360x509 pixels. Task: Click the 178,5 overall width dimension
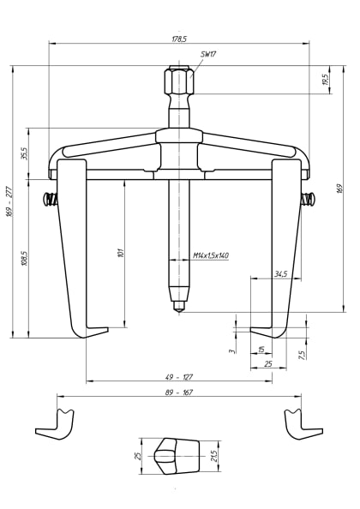click(179, 38)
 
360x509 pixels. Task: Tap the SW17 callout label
click(208, 54)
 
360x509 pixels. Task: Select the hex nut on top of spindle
click(178, 84)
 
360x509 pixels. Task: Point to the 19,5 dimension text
click(325, 80)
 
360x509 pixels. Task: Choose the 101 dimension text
click(123, 252)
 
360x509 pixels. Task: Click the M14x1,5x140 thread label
click(210, 255)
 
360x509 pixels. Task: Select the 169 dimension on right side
click(340, 188)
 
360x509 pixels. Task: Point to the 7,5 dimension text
click(302, 354)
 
